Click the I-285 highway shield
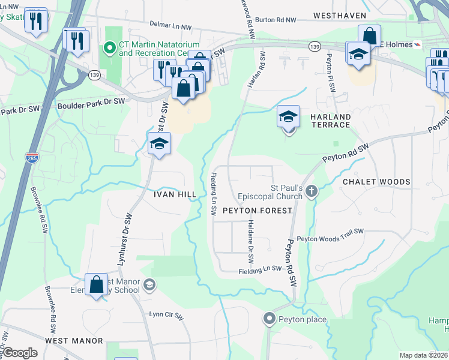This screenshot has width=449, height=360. pos(32,158)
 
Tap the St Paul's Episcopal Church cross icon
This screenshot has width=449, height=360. pos(311,191)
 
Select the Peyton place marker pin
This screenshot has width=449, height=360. pos(270,319)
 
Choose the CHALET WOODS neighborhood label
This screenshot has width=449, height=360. pos(376,182)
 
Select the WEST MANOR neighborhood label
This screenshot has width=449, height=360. pos(74,340)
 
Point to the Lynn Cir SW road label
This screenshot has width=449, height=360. pos(166,314)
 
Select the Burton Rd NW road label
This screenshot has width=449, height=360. pos(276,20)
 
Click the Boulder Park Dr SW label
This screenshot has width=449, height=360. pos(91,103)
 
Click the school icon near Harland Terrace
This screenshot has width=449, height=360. pos(288,116)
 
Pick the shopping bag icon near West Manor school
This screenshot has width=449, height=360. pos(96,284)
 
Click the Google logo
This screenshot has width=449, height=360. pos(20,353)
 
